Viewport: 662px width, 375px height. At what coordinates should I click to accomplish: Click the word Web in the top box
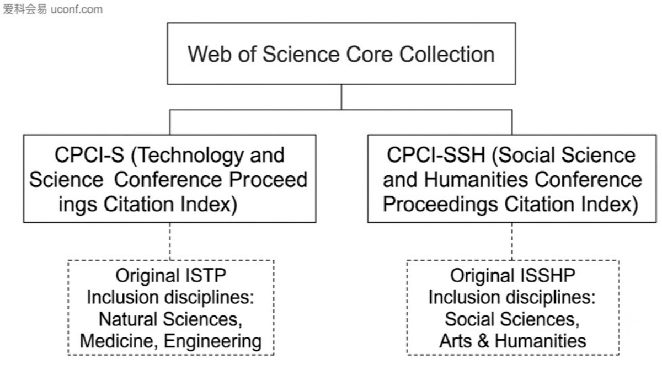[209, 55]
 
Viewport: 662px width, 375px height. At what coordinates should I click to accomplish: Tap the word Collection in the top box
[447, 55]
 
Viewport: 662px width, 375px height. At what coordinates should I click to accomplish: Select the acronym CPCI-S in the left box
[89, 155]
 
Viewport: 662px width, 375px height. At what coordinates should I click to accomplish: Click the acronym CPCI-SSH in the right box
[436, 155]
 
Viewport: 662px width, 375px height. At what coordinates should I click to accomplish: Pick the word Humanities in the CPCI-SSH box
[476, 180]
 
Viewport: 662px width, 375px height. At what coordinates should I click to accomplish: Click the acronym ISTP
[206, 275]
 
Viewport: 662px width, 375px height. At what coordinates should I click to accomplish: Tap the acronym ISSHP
[548, 275]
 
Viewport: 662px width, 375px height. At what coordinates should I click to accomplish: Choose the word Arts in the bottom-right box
[455, 341]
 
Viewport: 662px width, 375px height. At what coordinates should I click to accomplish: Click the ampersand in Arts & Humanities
[483, 341]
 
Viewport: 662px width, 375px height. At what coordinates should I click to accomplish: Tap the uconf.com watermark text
[77, 9]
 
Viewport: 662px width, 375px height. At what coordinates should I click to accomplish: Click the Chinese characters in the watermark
[25, 9]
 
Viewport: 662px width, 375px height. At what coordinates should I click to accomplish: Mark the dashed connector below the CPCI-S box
[170, 242]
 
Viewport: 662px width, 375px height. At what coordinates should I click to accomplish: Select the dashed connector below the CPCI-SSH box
[512, 242]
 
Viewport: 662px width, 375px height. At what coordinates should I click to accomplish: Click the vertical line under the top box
[341, 97]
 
